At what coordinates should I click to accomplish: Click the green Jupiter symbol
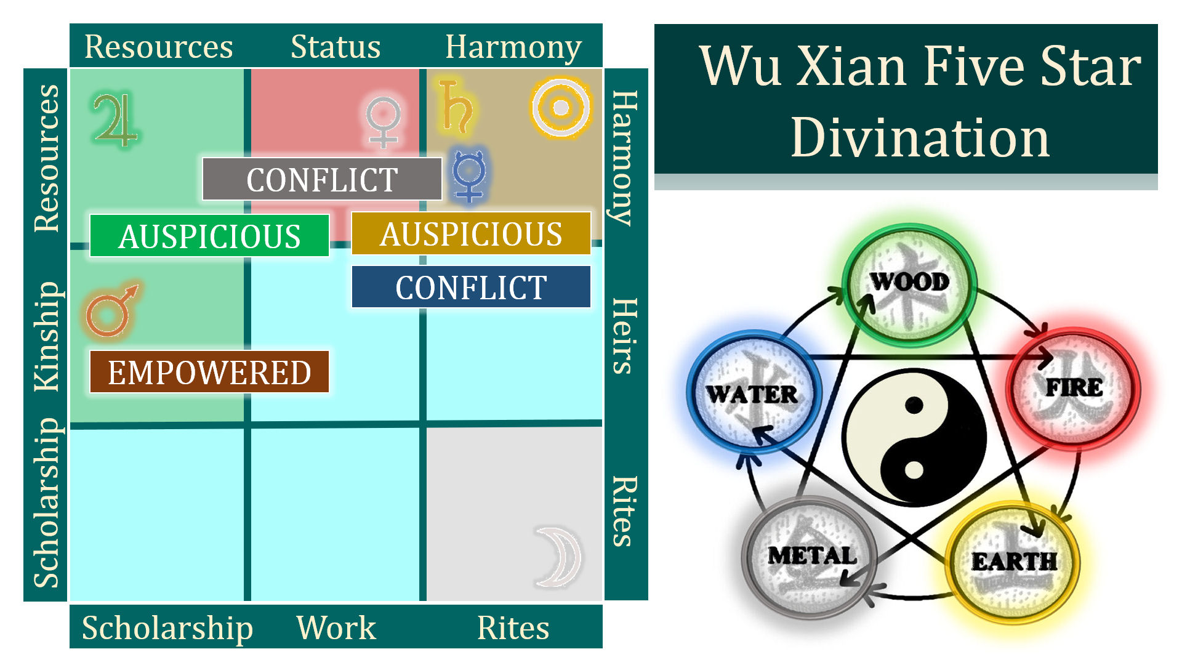pos(115,121)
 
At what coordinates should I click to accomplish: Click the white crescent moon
pos(559,556)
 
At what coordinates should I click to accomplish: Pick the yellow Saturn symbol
pos(456,107)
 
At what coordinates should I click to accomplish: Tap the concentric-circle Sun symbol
pos(560,108)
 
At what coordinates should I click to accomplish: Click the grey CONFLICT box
pos(322,179)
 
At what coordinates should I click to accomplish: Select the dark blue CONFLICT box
pos(471,287)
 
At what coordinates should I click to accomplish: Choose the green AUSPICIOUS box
pos(209,236)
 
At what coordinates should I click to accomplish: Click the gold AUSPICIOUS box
pos(471,234)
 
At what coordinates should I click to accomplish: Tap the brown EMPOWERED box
pos(209,372)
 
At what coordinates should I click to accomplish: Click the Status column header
pos(336,47)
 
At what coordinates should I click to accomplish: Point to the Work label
pos(336,628)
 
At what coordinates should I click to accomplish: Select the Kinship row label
pos(47,336)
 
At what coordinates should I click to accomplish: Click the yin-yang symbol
pos(914,437)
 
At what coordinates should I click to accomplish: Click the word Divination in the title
pos(920,138)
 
